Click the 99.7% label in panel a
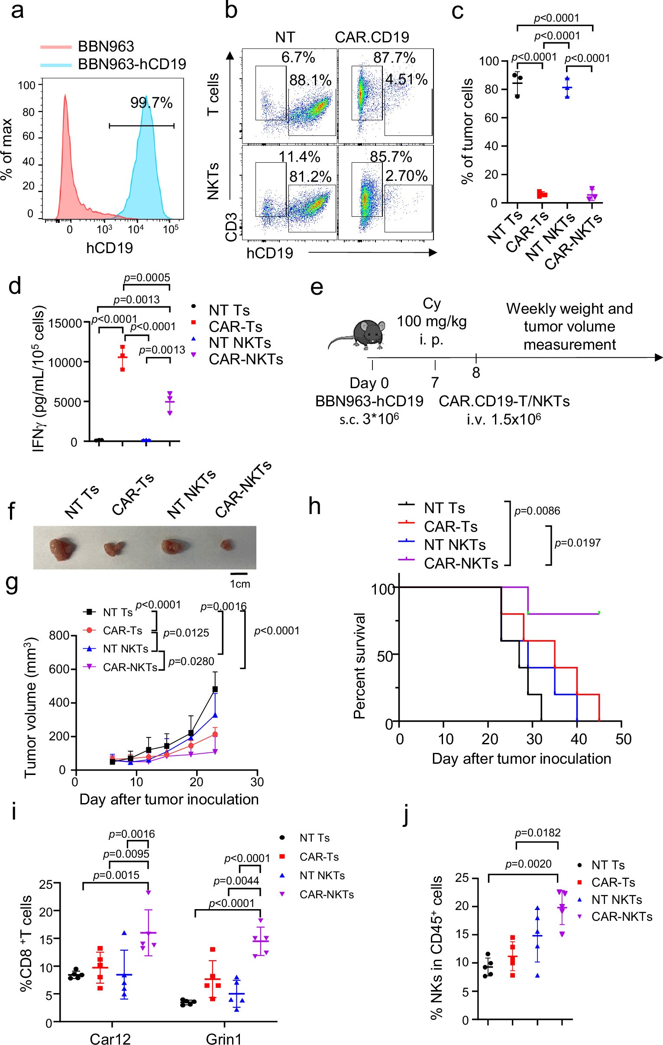[151, 103]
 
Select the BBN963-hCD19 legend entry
[132, 64]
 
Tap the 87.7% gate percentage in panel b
[394, 58]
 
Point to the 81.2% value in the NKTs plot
[310, 177]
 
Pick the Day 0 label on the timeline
[369, 383]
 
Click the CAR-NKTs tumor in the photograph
[225, 545]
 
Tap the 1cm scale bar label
[240, 584]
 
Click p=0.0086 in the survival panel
[537, 511]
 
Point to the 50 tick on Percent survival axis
[385, 656]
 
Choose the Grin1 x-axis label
[223, 1039]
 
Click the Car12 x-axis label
[110, 1039]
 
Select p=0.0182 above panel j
[537, 833]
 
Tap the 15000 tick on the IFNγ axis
[65, 323]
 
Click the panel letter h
[315, 506]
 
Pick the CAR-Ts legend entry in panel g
[122, 630]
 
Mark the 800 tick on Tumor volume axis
[59, 636]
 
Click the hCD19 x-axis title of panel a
[110, 248]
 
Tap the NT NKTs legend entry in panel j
[617, 900]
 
